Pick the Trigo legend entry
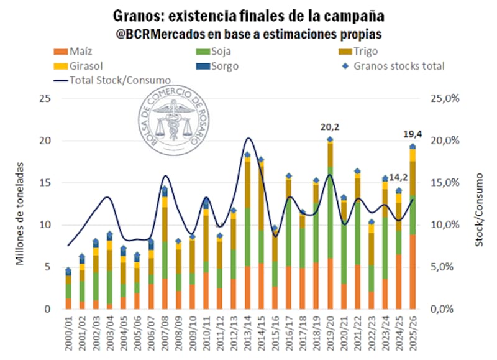pyautogui.click(x=358, y=52)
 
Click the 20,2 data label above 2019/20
pyautogui.click(x=329, y=127)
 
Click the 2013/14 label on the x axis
pyautogui.click(x=248, y=333)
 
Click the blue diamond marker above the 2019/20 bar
pyautogui.click(x=330, y=139)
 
